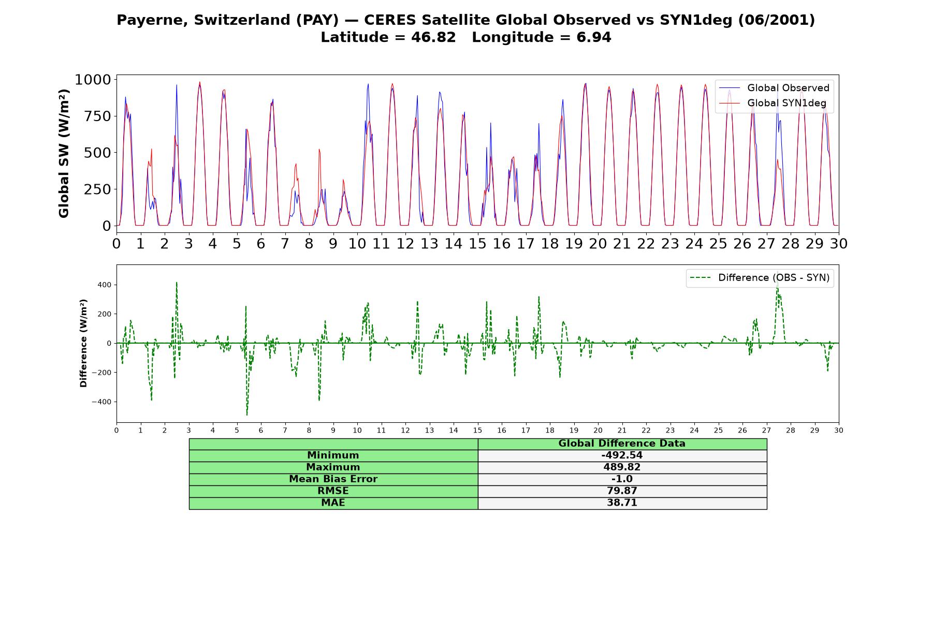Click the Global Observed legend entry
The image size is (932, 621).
click(774, 88)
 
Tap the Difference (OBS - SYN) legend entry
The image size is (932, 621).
click(760, 278)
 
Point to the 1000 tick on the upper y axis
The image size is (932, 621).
click(93, 80)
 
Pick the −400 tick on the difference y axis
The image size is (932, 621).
click(101, 402)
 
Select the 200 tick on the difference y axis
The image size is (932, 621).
click(105, 314)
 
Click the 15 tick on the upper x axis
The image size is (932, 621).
click(477, 243)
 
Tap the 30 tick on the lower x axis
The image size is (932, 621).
click(839, 430)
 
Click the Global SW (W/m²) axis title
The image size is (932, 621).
click(64, 154)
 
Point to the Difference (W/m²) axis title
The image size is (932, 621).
click(83, 343)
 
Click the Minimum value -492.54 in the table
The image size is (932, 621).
click(622, 455)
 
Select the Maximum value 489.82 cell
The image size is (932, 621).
click(622, 467)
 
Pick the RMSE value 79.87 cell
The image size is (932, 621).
click(622, 491)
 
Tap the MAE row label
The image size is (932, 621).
click(333, 503)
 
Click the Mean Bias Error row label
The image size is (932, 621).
click(333, 479)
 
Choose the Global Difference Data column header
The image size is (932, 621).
click(622, 443)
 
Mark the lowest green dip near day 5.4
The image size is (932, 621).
click(247, 415)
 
